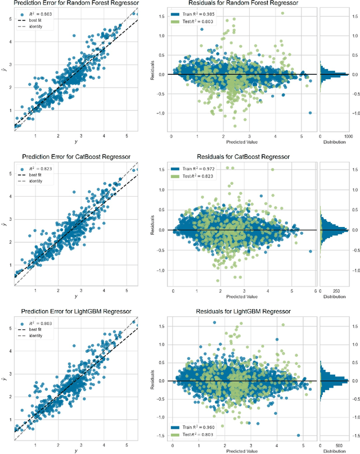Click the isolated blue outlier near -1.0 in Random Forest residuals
point(310,112)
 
